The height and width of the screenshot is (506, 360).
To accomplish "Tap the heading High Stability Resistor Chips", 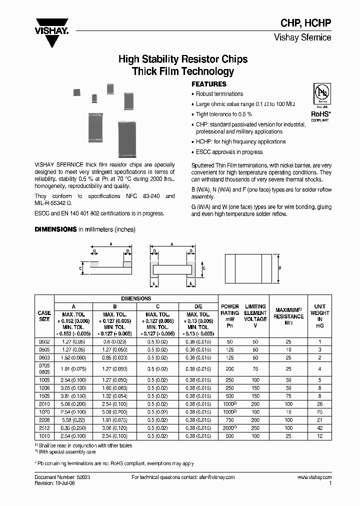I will (182, 59).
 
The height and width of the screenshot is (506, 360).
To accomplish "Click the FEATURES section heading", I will (209, 84).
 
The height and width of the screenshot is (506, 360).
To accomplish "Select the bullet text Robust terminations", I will (219, 94).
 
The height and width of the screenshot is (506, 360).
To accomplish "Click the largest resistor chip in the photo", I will (127, 139).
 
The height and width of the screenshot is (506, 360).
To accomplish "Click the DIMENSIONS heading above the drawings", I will (55, 229).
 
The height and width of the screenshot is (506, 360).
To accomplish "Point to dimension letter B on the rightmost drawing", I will (279, 268).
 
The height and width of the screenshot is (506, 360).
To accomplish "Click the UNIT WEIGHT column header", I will (319, 316).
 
